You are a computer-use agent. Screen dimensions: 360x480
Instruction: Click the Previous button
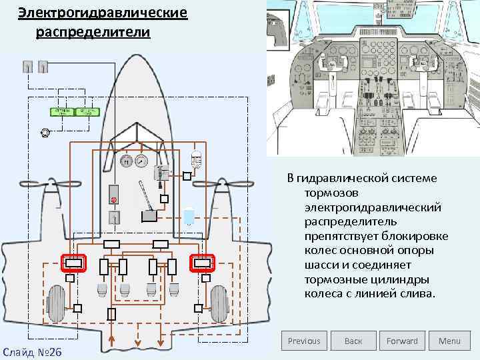pos(304,341)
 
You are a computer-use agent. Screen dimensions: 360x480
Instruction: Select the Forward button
pos(402,341)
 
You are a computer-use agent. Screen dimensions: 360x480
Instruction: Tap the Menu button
pos(449,341)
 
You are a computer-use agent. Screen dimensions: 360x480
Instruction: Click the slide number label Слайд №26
pos(32,351)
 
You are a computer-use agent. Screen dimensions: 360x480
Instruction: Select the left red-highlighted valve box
pos(72,263)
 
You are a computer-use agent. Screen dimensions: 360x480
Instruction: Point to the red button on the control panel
pos(114,199)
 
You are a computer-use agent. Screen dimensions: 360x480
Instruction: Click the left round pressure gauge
pos(125,161)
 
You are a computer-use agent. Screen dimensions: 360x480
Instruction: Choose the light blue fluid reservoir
pos(189,215)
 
